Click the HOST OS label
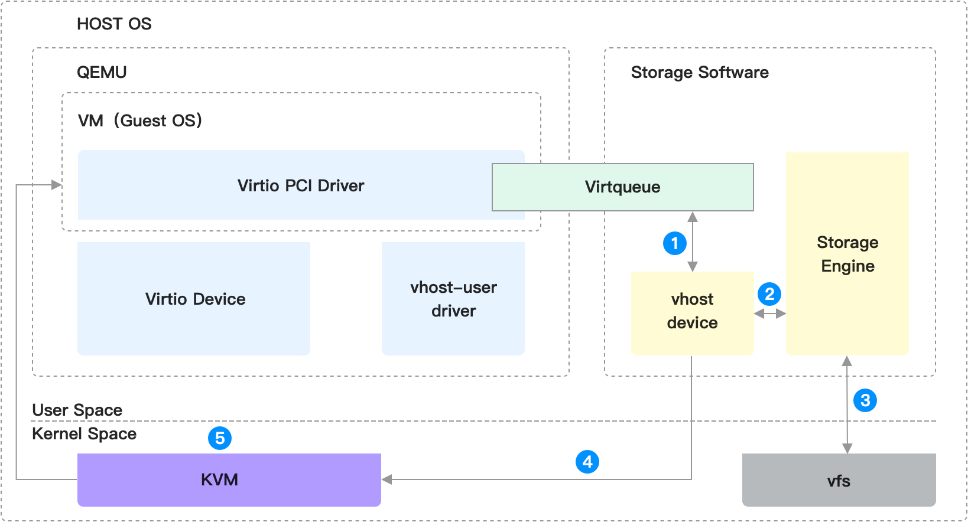point(114,24)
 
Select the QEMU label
point(102,73)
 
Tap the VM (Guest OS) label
point(140,120)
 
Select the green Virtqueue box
point(622,187)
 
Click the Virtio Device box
point(194,299)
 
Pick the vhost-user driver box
point(453,299)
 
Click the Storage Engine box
point(847,254)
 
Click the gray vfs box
point(839,480)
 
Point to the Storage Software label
point(700,73)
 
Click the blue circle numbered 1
point(674,243)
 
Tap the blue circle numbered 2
point(769,293)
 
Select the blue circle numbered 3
point(865,400)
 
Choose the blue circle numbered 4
point(587,462)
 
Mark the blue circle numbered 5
point(220,438)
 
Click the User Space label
point(77,410)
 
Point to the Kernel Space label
point(85,434)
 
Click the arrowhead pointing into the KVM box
point(387,479)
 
